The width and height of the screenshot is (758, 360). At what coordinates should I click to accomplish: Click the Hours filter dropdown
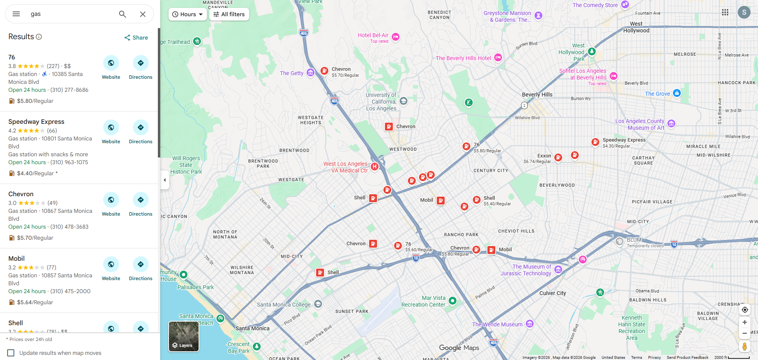coord(188,14)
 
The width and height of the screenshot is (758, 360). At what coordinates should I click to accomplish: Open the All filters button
coord(229,14)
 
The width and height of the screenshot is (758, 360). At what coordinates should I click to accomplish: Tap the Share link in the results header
coord(136,38)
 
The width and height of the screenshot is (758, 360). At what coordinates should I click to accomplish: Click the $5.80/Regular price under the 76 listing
coord(35,101)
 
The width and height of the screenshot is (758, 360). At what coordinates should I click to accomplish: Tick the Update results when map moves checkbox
coord(11,353)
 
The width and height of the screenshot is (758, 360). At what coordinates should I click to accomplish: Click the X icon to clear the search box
coord(143,14)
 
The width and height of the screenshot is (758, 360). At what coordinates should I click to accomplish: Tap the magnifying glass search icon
coord(123,14)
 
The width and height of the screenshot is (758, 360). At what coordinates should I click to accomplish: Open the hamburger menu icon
coord(16,14)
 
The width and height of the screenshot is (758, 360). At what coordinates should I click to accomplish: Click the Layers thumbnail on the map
coord(184,336)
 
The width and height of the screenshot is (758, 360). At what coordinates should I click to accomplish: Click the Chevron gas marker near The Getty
coord(324,71)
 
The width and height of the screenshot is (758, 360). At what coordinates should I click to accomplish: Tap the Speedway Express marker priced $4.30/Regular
coord(595,142)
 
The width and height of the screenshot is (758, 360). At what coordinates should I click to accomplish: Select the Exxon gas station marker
coord(558,157)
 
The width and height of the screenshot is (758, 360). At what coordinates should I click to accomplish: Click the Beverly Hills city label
coord(537,95)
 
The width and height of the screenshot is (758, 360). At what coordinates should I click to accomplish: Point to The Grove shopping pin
coord(677,93)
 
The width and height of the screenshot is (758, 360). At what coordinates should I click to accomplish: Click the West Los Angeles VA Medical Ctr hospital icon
coord(374,167)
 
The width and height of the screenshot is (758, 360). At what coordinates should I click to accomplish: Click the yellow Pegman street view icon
coord(744,346)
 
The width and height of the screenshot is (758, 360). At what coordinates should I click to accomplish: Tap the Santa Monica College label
coord(284,305)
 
